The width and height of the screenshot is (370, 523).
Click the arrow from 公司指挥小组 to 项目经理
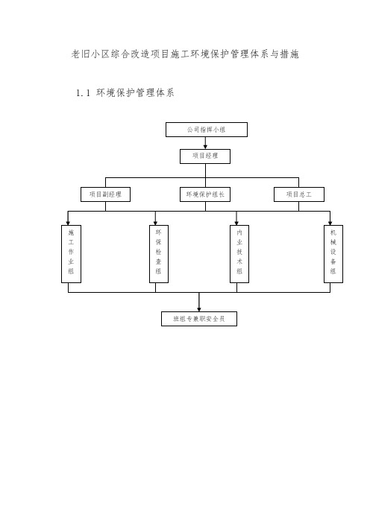(205, 143)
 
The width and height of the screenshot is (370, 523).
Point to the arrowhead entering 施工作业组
(68, 223)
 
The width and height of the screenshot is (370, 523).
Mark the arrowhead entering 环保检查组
(155, 223)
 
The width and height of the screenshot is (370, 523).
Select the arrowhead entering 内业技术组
(236, 223)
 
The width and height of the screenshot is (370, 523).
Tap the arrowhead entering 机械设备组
(330, 223)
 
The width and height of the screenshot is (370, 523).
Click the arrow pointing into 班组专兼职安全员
(199, 302)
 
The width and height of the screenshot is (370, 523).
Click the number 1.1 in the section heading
(83, 92)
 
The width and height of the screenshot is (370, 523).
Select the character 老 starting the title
(76, 54)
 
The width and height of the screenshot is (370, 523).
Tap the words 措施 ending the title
(289, 54)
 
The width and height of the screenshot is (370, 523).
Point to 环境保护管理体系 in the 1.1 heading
(135, 92)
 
